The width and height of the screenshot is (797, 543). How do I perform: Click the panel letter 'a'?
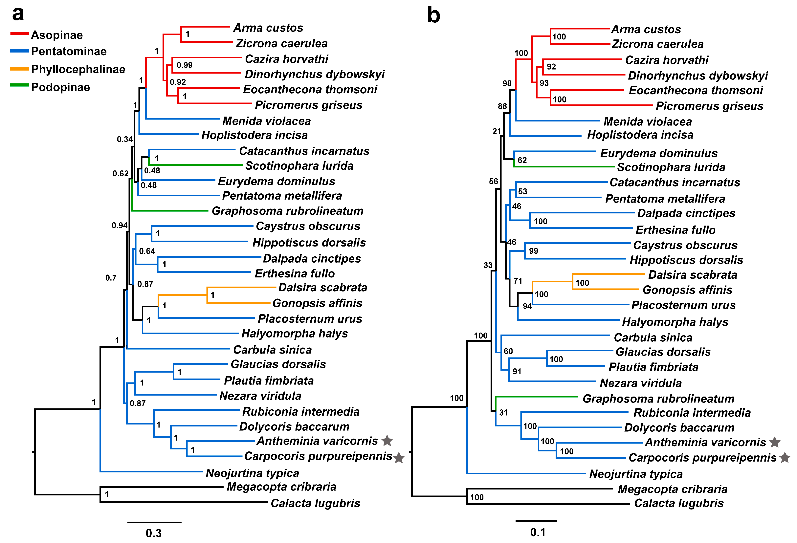click(x=18, y=14)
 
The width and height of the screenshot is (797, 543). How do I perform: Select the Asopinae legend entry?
click(x=56, y=35)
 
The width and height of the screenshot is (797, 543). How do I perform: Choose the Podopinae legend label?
click(x=60, y=87)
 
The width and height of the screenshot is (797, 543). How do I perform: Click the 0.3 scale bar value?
click(x=154, y=533)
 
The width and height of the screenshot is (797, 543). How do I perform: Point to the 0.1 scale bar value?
click(x=538, y=532)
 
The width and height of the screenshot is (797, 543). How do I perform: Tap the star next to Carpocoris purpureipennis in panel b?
click(x=785, y=458)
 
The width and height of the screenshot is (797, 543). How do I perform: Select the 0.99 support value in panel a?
click(x=185, y=65)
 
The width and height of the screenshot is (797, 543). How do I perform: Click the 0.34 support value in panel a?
click(x=124, y=139)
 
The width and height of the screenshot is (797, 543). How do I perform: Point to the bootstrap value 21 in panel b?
click(x=497, y=131)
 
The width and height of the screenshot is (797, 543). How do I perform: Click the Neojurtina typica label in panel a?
click(x=252, y=473)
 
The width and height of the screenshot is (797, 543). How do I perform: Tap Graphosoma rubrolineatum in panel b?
click(x=658, y=399)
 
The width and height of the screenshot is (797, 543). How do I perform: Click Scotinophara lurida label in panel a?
click(x=299, y=166)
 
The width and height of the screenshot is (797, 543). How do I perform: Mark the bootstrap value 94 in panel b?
click(x=527, y=306)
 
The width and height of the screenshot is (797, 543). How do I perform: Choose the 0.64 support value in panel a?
click(x=147, y=251)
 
